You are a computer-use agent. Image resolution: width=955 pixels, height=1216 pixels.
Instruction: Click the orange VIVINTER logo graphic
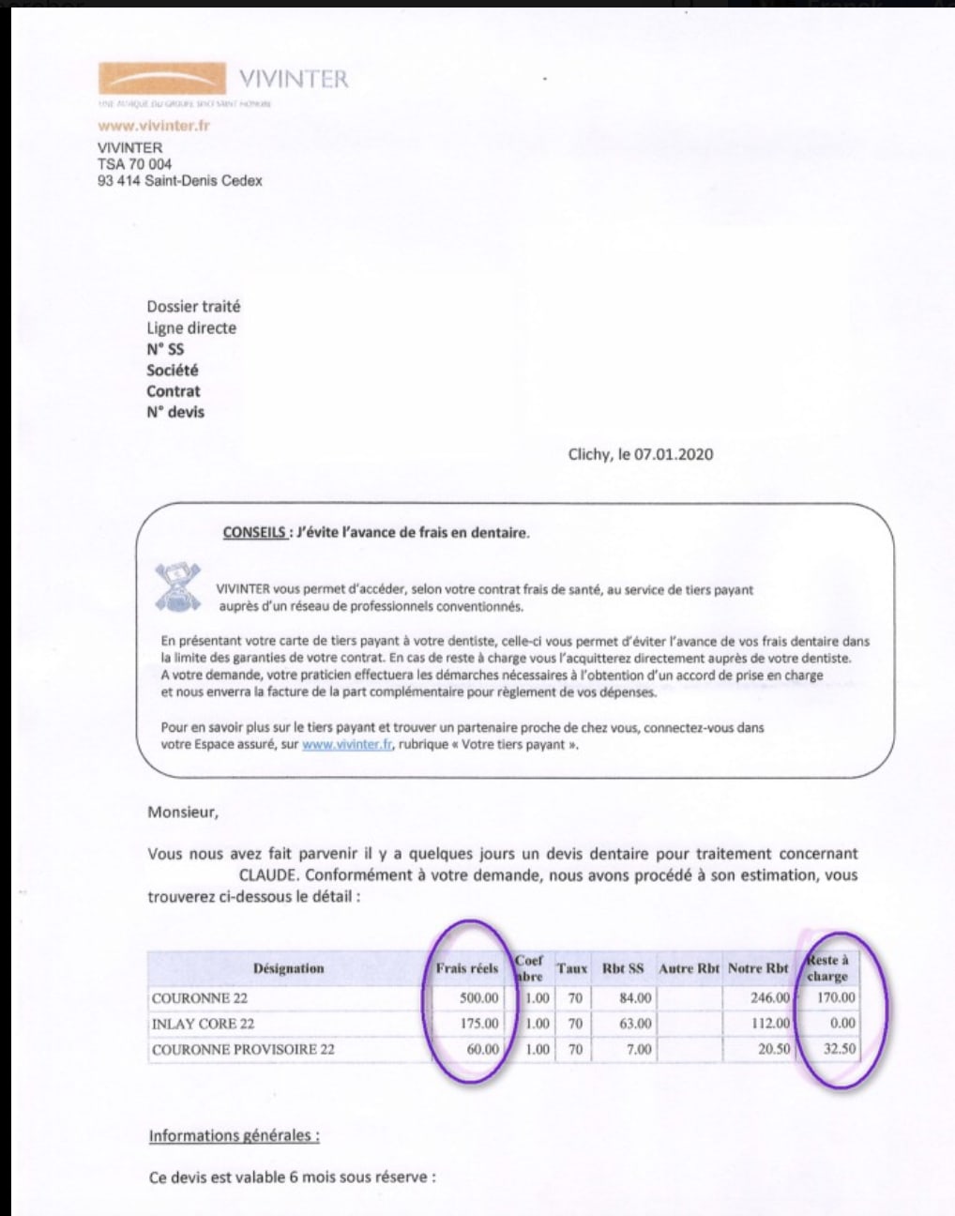[161, 78]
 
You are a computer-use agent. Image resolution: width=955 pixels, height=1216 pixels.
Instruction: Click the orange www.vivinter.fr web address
[153, 126]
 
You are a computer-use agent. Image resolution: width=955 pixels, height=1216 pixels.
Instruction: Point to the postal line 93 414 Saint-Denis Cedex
[179, 181]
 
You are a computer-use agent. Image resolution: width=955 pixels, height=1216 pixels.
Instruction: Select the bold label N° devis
[175, 412]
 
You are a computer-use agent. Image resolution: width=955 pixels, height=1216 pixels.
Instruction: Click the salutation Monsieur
[182, 813]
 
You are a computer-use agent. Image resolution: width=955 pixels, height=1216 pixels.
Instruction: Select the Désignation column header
[288, 968]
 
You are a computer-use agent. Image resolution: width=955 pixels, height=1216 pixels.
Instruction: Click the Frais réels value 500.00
[479, 998]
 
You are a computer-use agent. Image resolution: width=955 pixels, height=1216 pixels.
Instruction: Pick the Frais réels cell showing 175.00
[479, 1024]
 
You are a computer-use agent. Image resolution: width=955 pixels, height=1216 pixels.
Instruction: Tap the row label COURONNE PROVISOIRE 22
[243, 1050]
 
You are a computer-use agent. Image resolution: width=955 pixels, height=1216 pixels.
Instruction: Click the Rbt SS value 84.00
[635, 998]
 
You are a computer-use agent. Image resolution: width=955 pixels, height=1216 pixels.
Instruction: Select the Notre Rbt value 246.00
[770, 998]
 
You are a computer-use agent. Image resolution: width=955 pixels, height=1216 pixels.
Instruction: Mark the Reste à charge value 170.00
[837, 998]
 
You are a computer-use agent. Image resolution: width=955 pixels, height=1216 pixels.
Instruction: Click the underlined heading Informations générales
[235, 1136]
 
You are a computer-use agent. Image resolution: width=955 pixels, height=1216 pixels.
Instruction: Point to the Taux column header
[572, 968]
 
